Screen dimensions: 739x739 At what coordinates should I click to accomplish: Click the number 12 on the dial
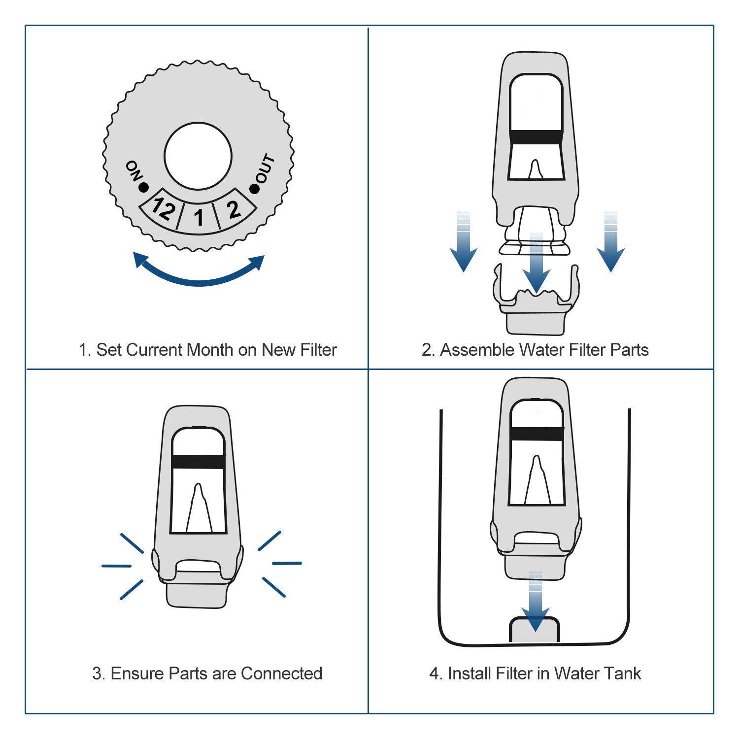tap(163, 208)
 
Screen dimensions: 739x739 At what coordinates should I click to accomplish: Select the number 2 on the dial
tap(234, 209)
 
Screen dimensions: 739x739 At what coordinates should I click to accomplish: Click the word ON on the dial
tap(134, 170)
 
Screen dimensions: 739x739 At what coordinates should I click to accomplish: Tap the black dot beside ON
tap(143, 187)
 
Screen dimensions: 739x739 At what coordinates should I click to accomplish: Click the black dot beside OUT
tap(254, 188)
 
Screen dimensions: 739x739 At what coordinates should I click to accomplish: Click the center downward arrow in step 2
tap(536, 266)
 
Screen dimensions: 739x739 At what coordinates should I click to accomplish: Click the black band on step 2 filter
tap(536, 137)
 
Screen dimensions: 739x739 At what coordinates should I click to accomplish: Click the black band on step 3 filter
tap(198, 462)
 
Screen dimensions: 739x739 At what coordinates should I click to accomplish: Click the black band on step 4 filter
tap(537, 434)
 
